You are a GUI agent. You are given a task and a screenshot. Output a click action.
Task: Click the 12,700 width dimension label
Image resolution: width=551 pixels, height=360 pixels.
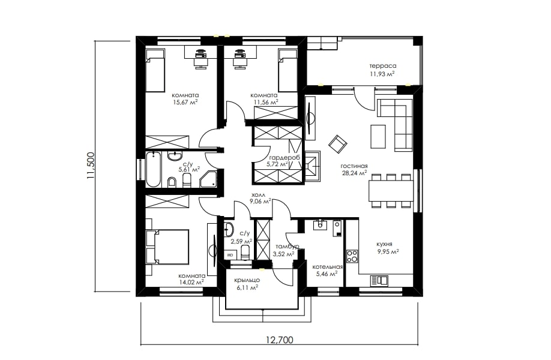pyautogui.click(x=279, y=340)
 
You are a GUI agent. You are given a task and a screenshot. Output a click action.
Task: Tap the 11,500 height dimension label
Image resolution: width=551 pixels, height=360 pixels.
pyautogui.click(x=91, y=166)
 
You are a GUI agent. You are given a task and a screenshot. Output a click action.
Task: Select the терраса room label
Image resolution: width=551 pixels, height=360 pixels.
pyautogui.click(x=383, y=65)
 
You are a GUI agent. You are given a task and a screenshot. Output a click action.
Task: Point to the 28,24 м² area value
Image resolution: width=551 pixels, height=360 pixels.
pyautogui.click(x=354, y=173)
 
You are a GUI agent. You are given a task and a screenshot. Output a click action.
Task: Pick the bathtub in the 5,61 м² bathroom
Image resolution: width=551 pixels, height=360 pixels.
pyautogui.click(x=153, y=170)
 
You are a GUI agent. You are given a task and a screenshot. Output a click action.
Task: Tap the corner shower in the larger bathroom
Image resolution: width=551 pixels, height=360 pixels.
pyautogui.click(x=209, y=179)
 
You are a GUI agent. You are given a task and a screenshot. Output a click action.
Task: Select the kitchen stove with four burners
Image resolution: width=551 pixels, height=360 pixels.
pyautogui.click(x=352, y=256)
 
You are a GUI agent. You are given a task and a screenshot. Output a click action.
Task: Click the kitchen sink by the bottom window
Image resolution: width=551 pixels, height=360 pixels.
pyautogui.click(x=379, y=280)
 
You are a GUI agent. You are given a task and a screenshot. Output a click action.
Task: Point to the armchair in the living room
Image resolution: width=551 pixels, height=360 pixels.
pyautogui.click(x=338, y=144)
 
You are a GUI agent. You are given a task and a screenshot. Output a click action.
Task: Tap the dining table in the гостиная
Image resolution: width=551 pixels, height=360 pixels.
pyautogui.click(x=391, y=191)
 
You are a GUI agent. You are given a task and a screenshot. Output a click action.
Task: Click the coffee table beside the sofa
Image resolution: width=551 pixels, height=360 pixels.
pyautogui.click(x=378, y=136)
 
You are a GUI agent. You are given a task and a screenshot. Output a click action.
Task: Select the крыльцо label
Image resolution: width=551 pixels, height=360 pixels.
pyautogui.click(x=247, y=280)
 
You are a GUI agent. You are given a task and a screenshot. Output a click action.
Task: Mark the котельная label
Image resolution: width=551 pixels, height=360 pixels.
pyautogui.click(x=328, y=266)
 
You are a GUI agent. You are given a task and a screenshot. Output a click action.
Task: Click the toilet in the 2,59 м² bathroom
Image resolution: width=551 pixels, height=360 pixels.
pyautogui.click(x=245, y=252)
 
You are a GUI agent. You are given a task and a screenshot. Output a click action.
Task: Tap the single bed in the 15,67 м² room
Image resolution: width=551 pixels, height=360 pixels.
pyautogui.click(x=155, y=70)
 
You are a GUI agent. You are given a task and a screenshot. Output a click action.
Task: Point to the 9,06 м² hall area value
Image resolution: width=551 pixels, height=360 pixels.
pyautogui.click(x=260, y=201)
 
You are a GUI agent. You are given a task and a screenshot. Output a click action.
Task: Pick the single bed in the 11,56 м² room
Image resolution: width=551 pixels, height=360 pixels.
pyautogui.click(x=288, y=70)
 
